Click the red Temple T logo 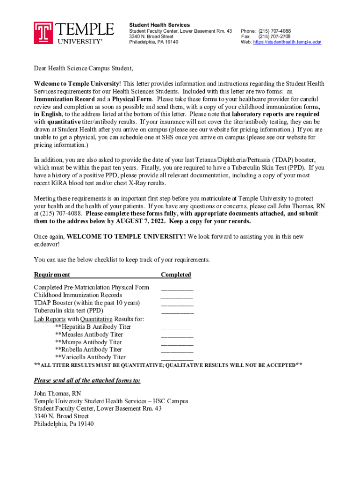click(43, 33)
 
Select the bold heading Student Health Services click(159, 25)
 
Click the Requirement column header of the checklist click(52, 275)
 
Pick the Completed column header click(176, 275)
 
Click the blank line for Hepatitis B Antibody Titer click(177, 327)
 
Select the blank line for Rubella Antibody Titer click(177, 350)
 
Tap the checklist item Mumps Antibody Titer click(88, 342)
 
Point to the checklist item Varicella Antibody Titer click(90, 357)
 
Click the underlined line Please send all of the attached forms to click(87, 380)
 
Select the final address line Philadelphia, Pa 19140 click(64, 424)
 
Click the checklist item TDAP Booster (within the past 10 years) click(86, 303)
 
